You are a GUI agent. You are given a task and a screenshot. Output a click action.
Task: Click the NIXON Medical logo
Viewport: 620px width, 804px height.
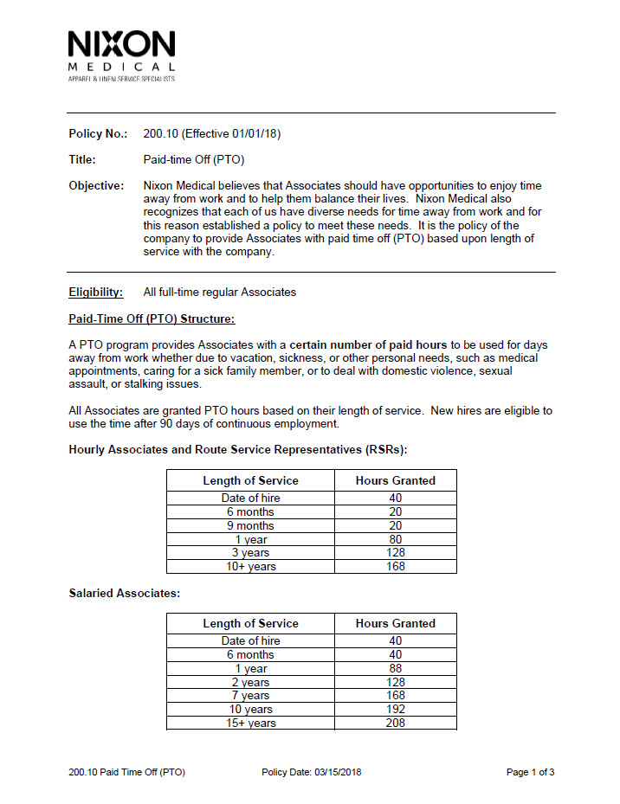click(121, 55)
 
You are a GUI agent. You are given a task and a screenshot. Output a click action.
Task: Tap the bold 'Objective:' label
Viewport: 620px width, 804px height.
click(96, 186)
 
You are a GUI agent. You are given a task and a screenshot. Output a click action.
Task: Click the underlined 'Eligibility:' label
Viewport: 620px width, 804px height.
click(96, 292)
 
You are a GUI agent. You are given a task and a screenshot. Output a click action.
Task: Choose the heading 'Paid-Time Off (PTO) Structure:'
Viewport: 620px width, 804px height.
click(152, 318)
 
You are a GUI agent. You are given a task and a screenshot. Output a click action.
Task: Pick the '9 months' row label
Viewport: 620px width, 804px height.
click(250, 525)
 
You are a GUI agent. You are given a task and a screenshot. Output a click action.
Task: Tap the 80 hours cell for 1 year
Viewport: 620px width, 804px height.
click(395, 539)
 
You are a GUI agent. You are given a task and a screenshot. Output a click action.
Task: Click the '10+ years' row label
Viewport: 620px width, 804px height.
click(250, 566)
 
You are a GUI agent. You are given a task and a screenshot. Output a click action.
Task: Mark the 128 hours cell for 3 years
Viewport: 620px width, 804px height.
click(395, 552)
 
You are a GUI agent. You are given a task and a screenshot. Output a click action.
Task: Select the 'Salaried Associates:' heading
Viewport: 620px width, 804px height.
click(124, 593)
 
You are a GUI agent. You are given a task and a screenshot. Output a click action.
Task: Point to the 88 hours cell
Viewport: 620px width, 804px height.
click(395, 668)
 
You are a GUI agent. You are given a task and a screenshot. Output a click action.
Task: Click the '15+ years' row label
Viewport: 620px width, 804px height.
click(250, 723)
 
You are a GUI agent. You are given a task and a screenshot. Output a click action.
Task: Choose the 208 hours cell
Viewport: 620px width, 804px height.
click(395, 723)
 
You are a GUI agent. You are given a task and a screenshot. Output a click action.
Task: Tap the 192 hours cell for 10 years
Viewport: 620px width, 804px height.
click(395, 709)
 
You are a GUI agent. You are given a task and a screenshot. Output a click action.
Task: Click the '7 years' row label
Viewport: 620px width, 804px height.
click(250, 695)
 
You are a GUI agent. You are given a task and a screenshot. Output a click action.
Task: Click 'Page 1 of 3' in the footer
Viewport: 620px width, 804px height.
click(530, 772)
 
